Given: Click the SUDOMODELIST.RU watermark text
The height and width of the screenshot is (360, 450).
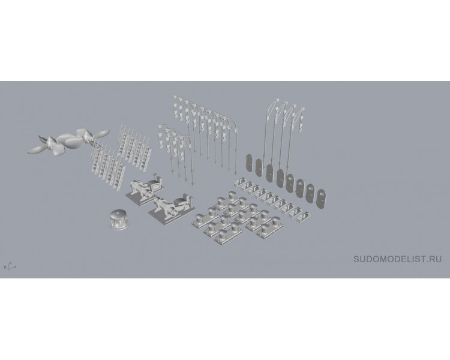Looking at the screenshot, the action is pyautogui.click(x=397, y=259).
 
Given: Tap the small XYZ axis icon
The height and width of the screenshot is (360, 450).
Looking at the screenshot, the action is pyautogui.click(x=10, y=266).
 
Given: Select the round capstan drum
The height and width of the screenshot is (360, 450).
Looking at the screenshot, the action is pyautogui.click(x=118, y=219).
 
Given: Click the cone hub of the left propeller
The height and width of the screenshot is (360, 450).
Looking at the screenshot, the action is pyautogui.click(x=50, y=140).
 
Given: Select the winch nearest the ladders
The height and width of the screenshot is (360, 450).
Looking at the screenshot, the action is pyautogui.click(x=145, y=188).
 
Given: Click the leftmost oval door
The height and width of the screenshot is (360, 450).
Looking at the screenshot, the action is pyautogui.click(x=249, y=163).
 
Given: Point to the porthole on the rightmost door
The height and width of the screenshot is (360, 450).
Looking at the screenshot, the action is pyautogui.click(x=322, y=194).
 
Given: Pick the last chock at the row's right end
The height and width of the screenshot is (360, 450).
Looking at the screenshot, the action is pyautogui.click(x=303, y=217).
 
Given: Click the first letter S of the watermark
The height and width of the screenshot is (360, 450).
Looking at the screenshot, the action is pyautogui.click(x=356, y=259).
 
